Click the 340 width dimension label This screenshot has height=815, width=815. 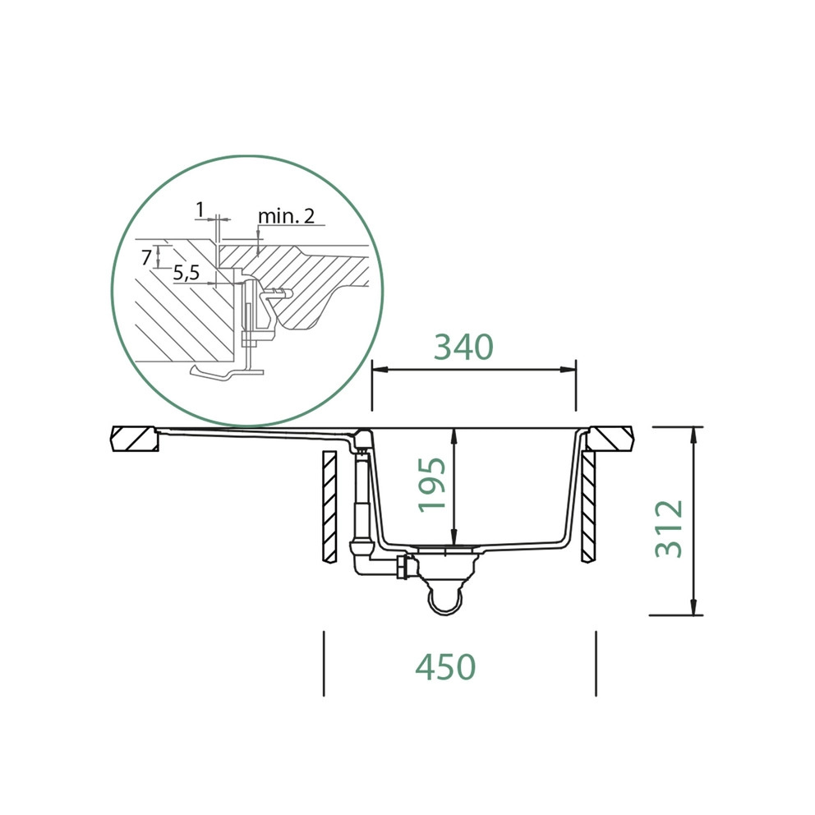463,348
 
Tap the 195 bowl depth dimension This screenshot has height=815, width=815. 432,485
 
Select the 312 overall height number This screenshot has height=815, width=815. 669,528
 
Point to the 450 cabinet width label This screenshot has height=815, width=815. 445,667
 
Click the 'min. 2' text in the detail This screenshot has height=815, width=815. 287,216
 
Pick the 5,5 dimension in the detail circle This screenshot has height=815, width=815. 186,273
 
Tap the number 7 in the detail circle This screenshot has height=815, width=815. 146,257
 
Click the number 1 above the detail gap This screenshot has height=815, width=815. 200,210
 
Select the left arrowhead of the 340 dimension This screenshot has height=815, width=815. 380,370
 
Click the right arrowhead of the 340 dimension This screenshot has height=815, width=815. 568,370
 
